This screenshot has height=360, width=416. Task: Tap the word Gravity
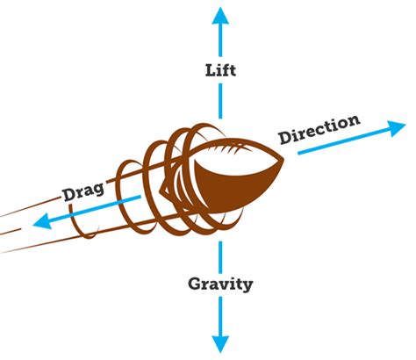tap(221, 284)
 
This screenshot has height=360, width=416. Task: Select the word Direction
tap(319, 129)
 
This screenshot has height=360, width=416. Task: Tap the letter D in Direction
tap(283, 139)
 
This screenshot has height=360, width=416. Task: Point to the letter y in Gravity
tap(248, 286)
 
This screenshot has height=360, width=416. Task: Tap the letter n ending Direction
tap(354, 120)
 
